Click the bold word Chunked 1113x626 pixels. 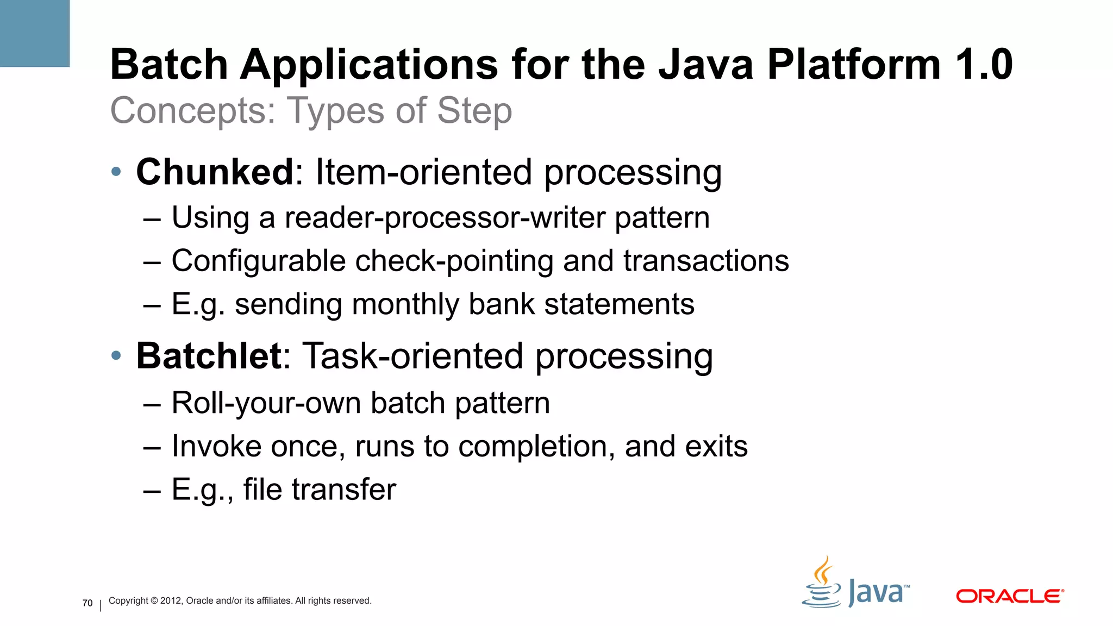click(x=215, y=172)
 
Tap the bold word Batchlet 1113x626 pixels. click(x=209, y=356)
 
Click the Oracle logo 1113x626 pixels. click(x=1010, y=596)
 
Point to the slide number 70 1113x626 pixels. click(x=87, y=603)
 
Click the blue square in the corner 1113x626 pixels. click(x=35, y=33)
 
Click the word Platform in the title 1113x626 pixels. click(x=853, y=65)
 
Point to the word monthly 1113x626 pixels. click(x=405, y=304)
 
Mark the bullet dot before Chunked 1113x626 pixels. click(x=116, y=172)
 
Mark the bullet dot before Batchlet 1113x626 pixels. click(x=116, y=356)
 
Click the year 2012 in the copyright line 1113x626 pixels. click(x=171, y=600)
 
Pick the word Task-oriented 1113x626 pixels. click(x=414, y=356)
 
